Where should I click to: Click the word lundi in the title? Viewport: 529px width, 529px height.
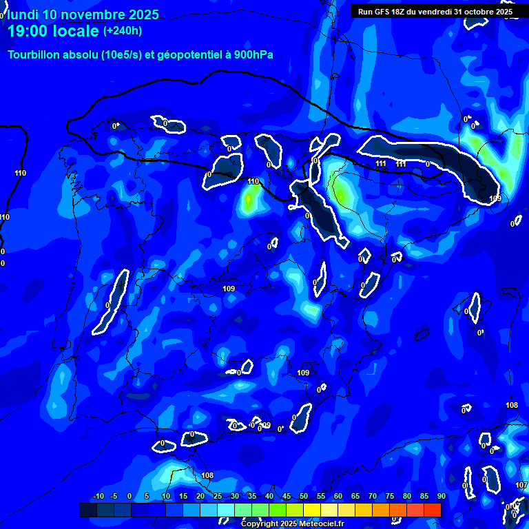[23, 14]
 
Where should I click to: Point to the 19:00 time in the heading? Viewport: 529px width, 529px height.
[28, 31]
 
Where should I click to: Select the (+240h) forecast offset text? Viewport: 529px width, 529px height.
[123, 31]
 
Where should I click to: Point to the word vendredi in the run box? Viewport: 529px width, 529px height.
[435, 12]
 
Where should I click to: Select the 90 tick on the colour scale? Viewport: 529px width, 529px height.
[441, 497]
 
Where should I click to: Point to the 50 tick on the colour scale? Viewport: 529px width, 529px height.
[303, 497]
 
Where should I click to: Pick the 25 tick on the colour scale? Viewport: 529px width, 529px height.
[217, 497]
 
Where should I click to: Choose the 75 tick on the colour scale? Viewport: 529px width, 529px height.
[389, 497]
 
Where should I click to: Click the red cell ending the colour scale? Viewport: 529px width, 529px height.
[433, 510]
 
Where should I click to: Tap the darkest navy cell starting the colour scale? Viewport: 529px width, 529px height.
[88, 510]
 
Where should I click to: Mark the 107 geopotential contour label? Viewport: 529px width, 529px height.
[521, 486]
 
